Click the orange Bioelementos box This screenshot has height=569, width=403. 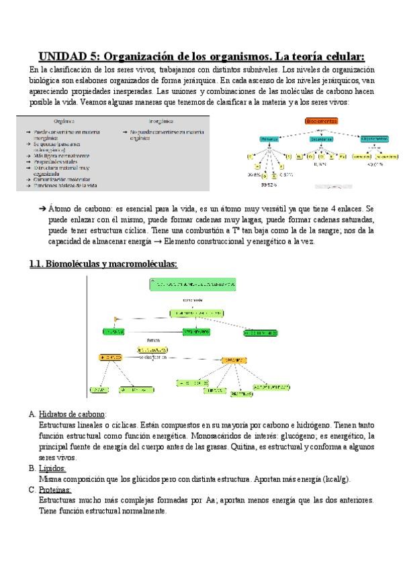(320, 120)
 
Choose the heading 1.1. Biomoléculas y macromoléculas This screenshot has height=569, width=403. (103, 264)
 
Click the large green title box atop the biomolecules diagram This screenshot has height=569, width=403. (194, 284)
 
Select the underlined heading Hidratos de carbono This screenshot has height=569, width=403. (73, 415)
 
